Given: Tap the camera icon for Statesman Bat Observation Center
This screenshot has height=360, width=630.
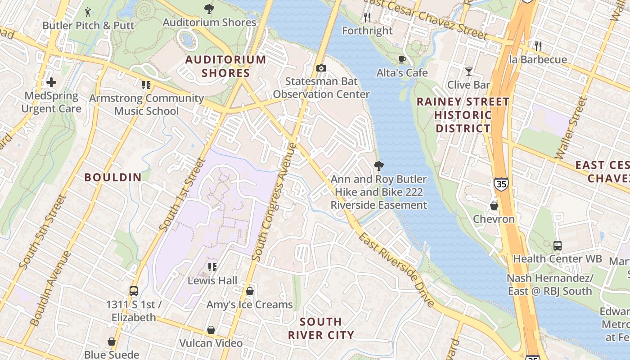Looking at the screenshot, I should [321, 68].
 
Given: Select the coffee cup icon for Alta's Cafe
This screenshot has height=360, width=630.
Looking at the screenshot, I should [402, 59].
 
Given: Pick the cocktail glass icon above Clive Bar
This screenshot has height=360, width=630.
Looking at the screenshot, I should [468, 71].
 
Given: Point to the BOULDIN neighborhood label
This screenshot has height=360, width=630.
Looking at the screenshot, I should [113, 177].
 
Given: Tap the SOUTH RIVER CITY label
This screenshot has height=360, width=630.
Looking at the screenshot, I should [321, 328].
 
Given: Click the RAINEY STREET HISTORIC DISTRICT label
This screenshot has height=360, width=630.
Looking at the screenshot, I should [463, 115].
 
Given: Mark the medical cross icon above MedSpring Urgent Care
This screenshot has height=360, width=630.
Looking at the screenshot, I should [51, 82].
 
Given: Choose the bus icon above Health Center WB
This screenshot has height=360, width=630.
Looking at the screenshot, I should [557, 246].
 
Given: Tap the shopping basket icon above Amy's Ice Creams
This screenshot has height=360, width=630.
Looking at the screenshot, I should [249, 291].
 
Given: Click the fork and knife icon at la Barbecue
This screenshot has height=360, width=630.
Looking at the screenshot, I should [537, 46].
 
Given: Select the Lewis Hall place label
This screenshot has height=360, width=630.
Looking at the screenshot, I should [212, 280].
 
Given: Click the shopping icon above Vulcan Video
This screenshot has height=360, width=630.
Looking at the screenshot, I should [211, 330].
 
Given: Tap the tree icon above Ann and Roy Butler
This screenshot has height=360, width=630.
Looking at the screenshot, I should [378, 166].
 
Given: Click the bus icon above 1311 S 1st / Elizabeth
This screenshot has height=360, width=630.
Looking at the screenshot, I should [133, 291].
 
